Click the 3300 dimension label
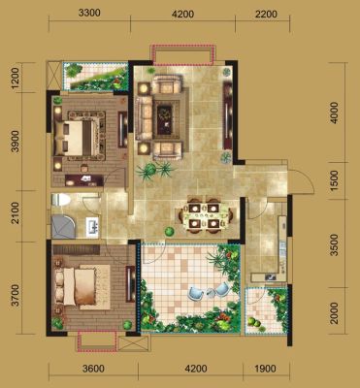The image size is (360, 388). tap(89, 14)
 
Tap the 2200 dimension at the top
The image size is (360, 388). tap(266, 14)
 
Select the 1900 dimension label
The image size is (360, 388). tap(265, 369)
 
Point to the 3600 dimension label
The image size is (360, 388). tap(93, 369)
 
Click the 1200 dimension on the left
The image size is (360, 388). tap(16, 79)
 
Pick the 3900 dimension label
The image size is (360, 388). tap(16, 142)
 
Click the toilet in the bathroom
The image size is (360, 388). tap(61, 200)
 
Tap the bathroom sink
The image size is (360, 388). tap(92, 225)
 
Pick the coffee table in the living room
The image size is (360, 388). tap(168, 118)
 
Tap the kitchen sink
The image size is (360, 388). tap(270, 276)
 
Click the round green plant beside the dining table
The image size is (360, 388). tap(169, 232)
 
